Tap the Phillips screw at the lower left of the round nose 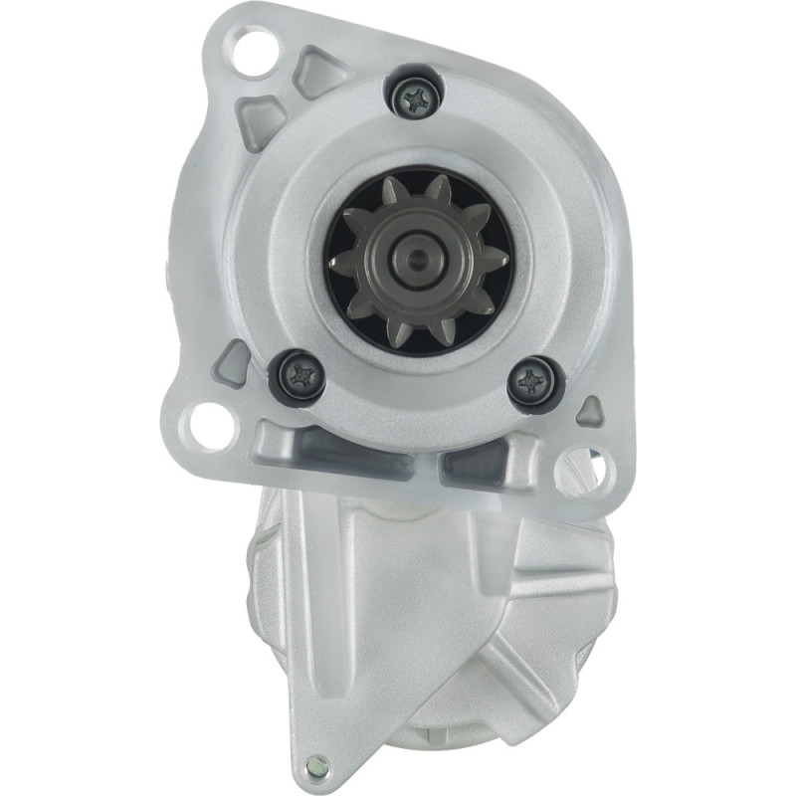299,375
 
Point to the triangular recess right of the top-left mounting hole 316,71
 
